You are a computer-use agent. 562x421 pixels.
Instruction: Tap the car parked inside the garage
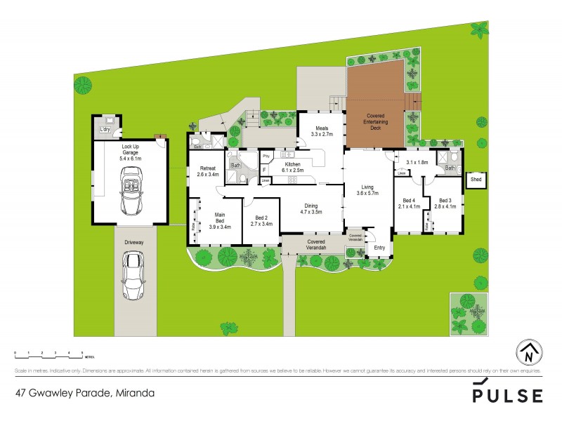pyautogui.click(x=131, y=194)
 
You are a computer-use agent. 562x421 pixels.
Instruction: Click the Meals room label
pyautogui.click(x=322, y=130)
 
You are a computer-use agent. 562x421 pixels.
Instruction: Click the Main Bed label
pyautogui.click(x=219, y=220)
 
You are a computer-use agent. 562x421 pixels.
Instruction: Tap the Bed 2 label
pyautogui.click(x=261, y=220)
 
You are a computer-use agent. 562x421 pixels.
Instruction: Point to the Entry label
pyautogui.click(x=379, y=247)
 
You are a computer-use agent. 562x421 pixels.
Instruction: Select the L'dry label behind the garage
pyautogui.click(x=105, y=130)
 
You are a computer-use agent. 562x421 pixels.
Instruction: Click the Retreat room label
pyautogui.click(x=207, y=169)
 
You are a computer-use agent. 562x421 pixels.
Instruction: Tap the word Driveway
pyautogui.click(x=134, y=241)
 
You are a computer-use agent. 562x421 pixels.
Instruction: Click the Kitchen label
pyautogui.click(x=292, y=164)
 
